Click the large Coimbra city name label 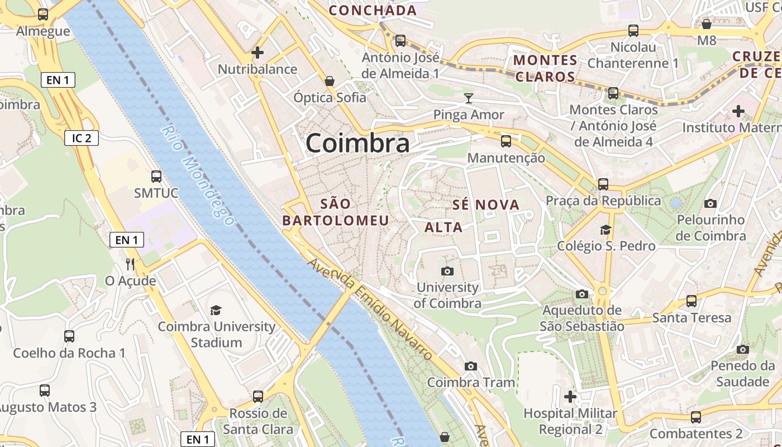point(357,143)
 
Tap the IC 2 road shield point(82,138)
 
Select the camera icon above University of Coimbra point(447,272)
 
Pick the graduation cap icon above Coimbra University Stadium point(216,311)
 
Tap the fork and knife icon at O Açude point(130,264)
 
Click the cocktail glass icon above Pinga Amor point(469,99)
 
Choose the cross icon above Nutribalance point(258,53)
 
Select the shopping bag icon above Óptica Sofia point(330,82)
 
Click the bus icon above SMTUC point(156,177)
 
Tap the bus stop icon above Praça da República point(603,184)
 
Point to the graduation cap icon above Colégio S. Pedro point(605,230)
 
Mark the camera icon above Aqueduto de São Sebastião point(582,294)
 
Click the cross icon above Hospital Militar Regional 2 point(570,397)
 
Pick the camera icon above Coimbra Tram point(471,367)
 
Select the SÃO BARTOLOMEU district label point(335,212)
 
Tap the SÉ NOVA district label point(486,205)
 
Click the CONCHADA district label point(373,10)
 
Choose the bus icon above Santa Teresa point(692,301)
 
